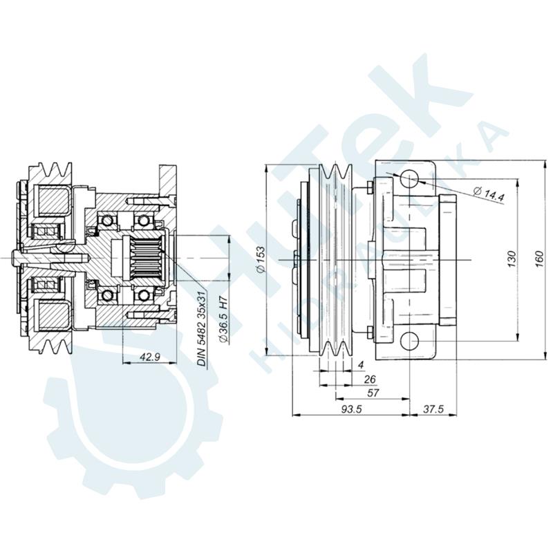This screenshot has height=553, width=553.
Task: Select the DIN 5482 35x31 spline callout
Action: point(202,328)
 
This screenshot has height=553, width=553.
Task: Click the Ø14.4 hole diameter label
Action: point(489,194)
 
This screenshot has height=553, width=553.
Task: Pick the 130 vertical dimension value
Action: point(512,258)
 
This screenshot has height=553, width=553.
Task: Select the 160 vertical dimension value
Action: point(539,257)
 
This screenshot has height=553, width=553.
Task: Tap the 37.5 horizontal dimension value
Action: point(434,409)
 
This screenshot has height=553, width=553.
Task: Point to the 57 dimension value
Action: point(374,393)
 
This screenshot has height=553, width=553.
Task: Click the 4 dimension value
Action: point(361,364)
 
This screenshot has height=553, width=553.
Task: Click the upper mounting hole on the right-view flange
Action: point(409,179)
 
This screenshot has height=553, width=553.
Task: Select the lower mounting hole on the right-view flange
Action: point(409,340)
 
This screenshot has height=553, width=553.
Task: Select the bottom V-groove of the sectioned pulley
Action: point(55,344)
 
